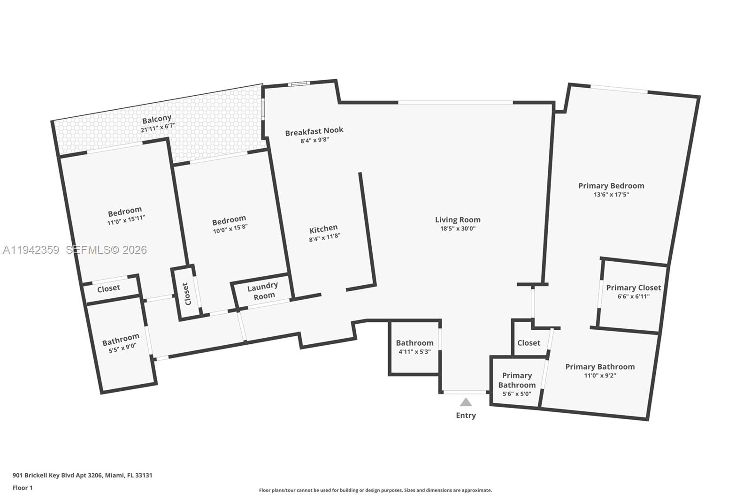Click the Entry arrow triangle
[466, 402]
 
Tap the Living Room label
[458, 220]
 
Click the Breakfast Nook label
[314, 130]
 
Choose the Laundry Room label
[263, 291]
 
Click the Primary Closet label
[633, 288]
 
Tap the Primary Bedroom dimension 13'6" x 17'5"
[611, 194]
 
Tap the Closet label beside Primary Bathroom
[529, 343]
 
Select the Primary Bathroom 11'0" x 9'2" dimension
[600, 375]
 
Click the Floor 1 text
[23, 488]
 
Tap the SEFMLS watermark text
[106, 250]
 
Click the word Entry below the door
[466, 416]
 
